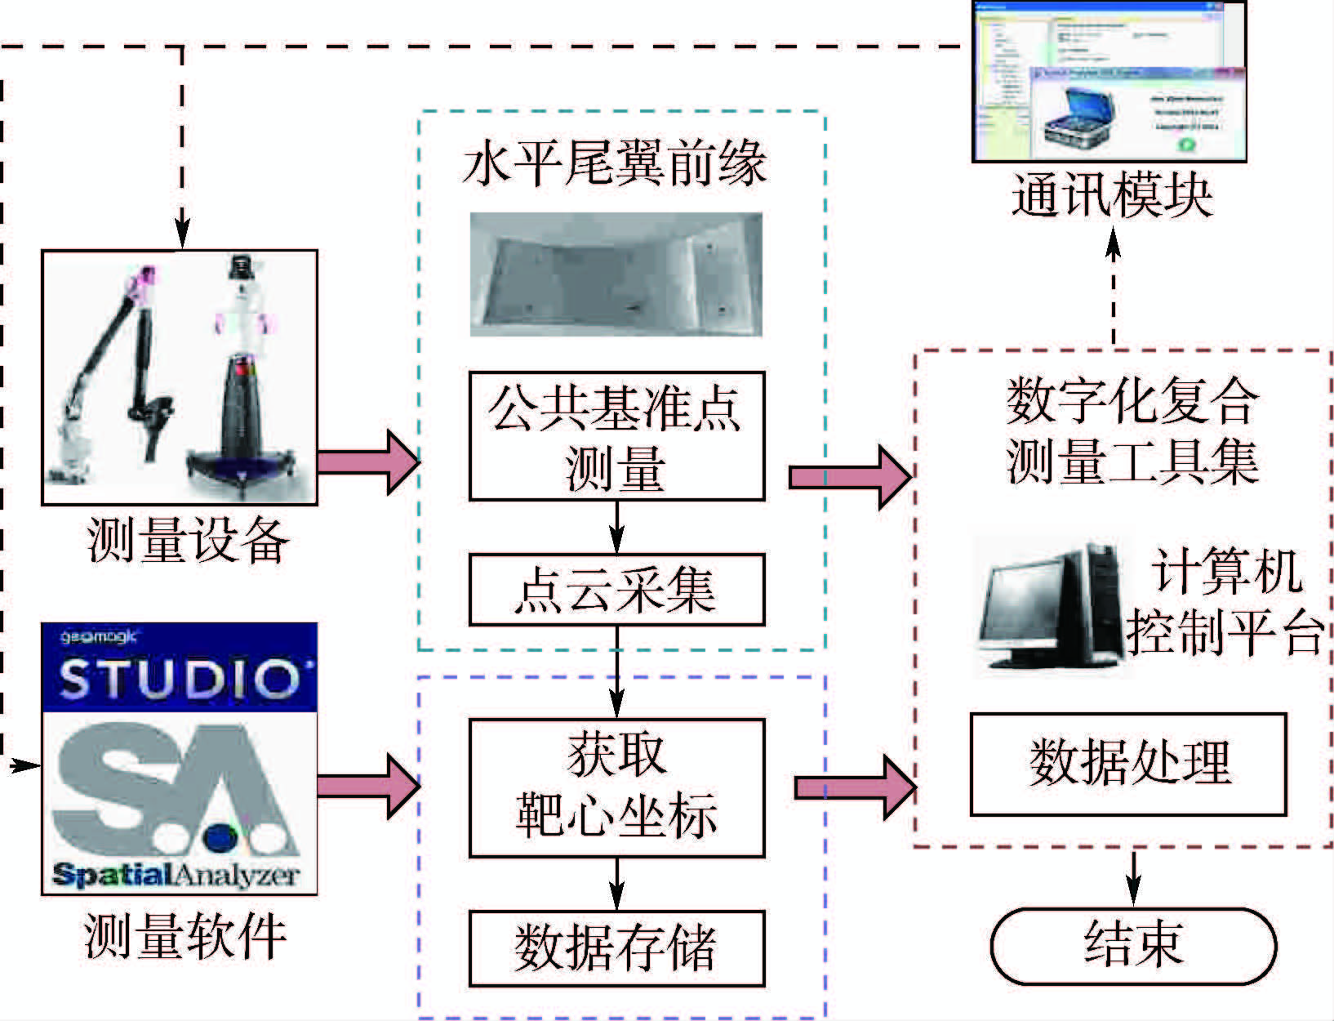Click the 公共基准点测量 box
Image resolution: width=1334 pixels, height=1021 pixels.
[616, 436]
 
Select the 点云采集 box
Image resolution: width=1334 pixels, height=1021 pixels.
[616, 590]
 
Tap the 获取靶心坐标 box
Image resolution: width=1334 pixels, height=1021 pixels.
[616, 787]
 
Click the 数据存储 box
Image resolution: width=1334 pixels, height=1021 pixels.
[616, 948]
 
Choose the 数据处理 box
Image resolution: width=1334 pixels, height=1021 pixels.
[1128, 764]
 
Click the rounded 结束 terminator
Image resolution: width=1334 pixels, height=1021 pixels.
[1133, 944]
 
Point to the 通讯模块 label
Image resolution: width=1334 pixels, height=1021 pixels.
[1112, 196]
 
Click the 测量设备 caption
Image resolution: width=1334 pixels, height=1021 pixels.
[188, 541]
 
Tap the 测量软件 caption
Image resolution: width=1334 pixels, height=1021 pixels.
[186, 936]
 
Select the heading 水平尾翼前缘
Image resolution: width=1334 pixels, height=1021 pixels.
[614, 163]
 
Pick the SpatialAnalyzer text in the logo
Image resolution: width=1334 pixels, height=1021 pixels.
[176, 876]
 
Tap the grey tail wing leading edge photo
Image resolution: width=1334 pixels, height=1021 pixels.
[616, 274]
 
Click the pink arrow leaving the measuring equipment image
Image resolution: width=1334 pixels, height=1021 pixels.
[367, 462]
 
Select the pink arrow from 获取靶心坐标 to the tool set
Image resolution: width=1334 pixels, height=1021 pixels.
[853, 787]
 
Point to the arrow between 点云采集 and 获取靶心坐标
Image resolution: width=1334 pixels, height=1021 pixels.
[617, 670]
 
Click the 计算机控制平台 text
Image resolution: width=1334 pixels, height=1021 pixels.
[1225, 603]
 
